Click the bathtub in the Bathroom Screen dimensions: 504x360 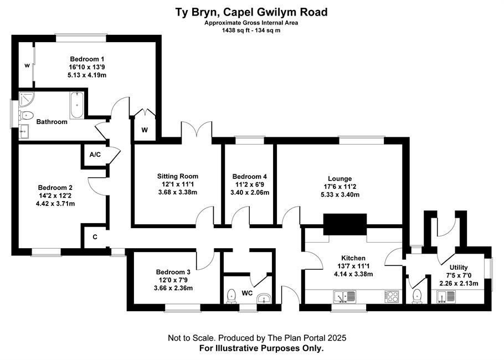point(77,105)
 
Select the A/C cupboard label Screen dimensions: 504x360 point(95,155)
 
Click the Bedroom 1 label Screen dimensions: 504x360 point(87,59)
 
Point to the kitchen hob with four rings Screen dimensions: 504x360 point(392,296)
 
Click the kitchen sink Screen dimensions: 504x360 point(345,297)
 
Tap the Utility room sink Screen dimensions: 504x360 point(446,296)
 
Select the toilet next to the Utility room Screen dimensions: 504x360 point(417,296)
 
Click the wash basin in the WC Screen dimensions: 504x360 point(265,299)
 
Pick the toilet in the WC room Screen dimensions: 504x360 point(232,296)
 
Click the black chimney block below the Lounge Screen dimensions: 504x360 point(345,225)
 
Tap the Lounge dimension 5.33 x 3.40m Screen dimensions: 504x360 point(340,195)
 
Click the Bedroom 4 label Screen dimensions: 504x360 point(249,177)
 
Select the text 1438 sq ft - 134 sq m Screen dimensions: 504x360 point(251,30)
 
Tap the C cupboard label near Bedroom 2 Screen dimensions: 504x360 point(95,237)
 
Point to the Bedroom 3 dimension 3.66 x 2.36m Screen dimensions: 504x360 point(173,288)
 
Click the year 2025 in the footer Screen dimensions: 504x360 point(337,338)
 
